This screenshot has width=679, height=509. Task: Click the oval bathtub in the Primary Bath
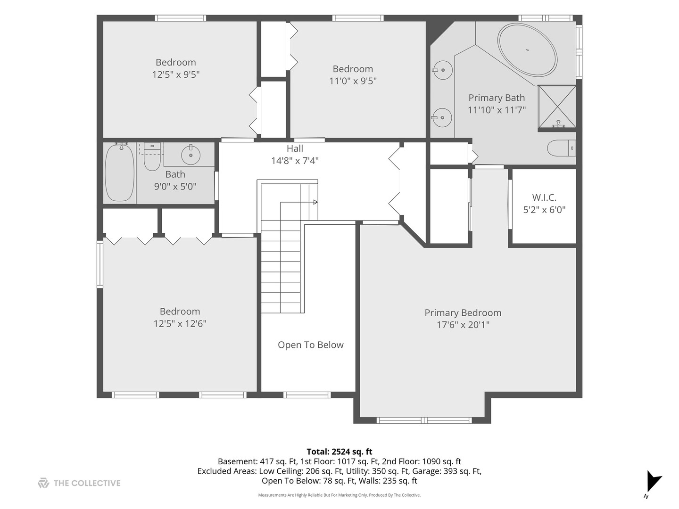coord(528,49)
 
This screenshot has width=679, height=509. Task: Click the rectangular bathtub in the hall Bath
coord(120,172)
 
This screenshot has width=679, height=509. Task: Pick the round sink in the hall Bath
coord(190,155)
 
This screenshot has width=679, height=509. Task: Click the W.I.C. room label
coord(544,197)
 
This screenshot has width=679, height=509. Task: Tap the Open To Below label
coord(310,345)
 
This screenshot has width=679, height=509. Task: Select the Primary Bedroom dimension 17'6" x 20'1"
coord(463,325)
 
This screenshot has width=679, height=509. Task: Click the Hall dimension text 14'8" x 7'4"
coord(295,161)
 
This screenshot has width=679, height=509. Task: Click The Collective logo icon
coord(43,483)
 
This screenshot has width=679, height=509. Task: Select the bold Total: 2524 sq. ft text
coord(339,452)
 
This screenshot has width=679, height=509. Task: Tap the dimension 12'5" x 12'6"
coord(180,324)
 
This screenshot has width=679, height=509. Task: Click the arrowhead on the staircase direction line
coord(315,202)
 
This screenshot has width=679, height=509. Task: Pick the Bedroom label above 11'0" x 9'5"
coord(353,69)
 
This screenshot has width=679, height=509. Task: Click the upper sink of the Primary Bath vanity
coord(442,71)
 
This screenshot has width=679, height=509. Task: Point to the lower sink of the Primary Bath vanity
coord(442,117)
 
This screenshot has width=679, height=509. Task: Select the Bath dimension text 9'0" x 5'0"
coord(175,187)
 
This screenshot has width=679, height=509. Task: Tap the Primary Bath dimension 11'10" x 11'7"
coord(497,110)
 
